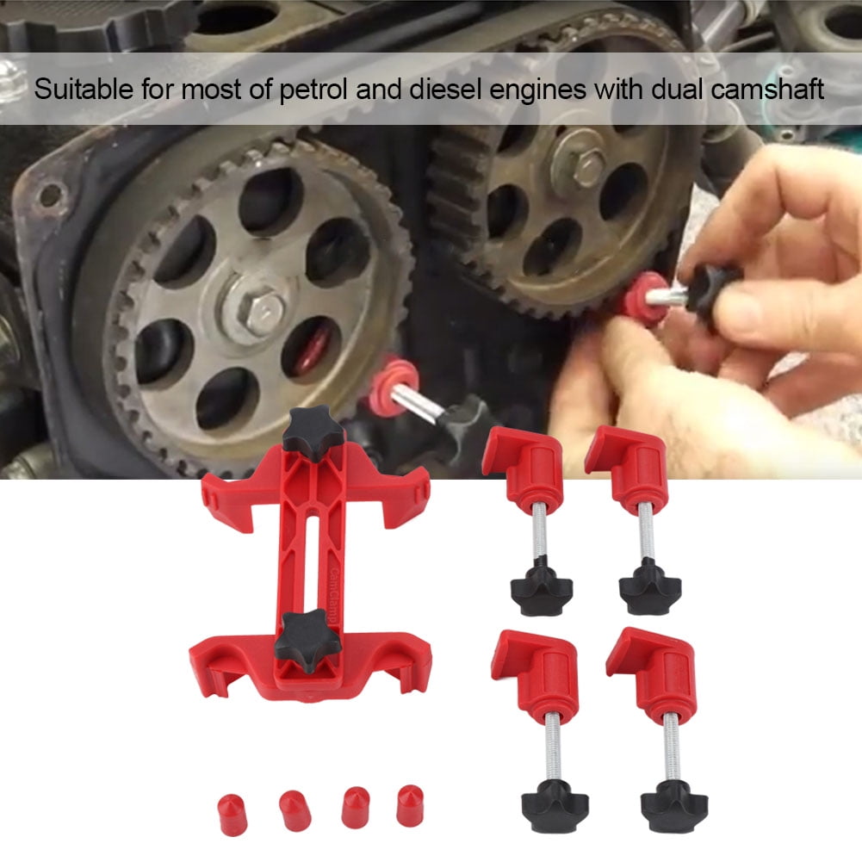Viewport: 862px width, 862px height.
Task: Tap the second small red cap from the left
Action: pyautogui.click(x=293, y=811)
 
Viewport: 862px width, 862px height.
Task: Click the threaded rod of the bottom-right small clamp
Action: pyautogui.click(x=670, y=741)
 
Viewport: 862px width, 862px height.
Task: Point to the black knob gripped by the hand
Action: pyautogui.click(x=711, y=288)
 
